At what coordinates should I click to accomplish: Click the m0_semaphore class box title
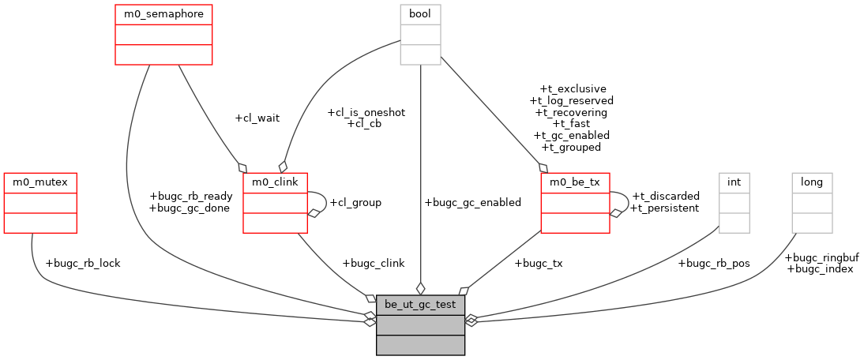pyautogui.click(x=163, y=13)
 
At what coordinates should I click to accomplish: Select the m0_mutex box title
pyautogui.click(x=40, y=182)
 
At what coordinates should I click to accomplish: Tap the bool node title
pyautogui.click(x=420, y=13)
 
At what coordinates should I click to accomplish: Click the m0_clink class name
pyautogui.click(x=275, y=182)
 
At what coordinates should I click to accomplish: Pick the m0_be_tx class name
pyautogui.click(x=575, y=182)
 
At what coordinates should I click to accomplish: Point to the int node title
pyautogui.click(x=734, y=182)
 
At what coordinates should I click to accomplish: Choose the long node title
pyautogui.click(x=812, y=182)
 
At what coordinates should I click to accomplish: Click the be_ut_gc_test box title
pyautogui.click(x=420, y=304)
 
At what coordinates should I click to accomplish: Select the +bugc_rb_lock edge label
pyautogui.click(x=83, y=263)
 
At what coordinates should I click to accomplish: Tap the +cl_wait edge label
pyautogui.click(x=257, y=118)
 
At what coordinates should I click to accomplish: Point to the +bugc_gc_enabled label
pyautogui.click(x=472, y=202)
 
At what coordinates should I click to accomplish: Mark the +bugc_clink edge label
pyautogui.click(x=373, y=263)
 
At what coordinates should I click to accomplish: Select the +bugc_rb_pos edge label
pyautogui.click(x=714, y=263)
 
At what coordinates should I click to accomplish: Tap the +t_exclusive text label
pyautogui.click(x=573, y=89)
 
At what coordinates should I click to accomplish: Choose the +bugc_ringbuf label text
pyautogui.click(x=821, y=257)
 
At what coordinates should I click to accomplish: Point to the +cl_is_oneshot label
pyautogui.click(x=366, y=112)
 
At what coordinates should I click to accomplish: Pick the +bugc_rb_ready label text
pyautogui.click(x=190, y=197)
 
